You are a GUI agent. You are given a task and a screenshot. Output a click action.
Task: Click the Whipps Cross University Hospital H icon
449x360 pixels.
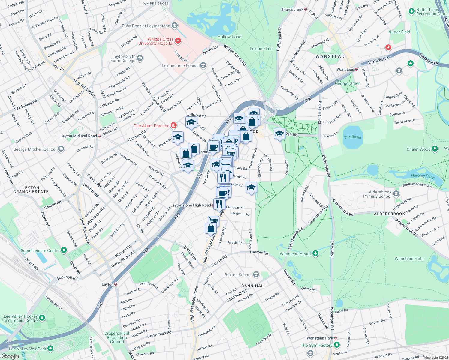178,40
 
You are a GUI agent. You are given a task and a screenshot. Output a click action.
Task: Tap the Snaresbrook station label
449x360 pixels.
292,10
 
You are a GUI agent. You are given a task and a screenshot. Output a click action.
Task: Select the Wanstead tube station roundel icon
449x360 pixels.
357,70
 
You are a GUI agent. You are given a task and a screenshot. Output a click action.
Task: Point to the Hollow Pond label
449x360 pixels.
229,37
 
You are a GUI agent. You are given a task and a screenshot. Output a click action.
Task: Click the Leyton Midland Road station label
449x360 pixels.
78,136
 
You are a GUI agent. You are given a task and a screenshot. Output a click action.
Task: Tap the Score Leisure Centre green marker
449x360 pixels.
64,250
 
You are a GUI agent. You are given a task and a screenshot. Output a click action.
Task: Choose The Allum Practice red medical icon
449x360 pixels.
173,125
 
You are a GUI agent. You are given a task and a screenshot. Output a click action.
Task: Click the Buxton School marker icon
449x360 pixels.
256,274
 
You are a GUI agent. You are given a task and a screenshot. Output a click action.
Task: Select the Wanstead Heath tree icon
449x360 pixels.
315,253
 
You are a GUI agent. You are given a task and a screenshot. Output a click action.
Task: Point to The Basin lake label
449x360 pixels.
352,137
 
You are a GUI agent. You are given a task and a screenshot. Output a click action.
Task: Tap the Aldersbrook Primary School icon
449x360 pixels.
396,194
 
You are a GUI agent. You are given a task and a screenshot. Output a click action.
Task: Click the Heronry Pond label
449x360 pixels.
423,176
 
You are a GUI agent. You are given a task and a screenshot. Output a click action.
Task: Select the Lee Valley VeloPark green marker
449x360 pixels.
50,349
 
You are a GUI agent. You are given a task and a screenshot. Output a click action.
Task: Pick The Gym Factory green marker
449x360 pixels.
337,345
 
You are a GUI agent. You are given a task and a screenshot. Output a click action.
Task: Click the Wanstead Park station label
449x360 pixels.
320,338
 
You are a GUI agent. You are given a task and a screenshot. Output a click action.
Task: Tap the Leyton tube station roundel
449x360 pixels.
116,284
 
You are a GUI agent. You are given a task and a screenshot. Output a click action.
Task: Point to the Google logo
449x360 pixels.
10,356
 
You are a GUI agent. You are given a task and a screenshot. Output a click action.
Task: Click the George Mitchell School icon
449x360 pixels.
61,149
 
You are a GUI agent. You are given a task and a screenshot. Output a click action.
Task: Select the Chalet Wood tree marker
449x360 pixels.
435,149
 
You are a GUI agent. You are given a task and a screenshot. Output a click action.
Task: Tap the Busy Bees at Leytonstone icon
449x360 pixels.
175,26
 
